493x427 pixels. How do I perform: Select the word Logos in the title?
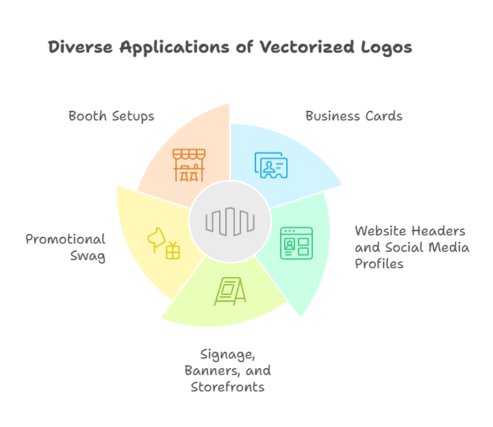click(x=387, y=47)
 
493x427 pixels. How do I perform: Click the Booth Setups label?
click(x=112, y=116)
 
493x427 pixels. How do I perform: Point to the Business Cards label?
click(x=354, y=116)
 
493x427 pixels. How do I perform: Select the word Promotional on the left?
click(x=66, y=240)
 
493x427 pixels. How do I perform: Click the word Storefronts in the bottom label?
click(x=227, y=387)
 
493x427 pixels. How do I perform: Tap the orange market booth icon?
click(x=189, y=165)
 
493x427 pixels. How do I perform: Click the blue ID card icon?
click(x=271, y=165)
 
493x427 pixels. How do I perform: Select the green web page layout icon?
click(x=296, y=243)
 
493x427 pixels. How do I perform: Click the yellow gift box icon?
click(x=173, y=251)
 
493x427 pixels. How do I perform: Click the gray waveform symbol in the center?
click(x=230, y=222)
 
